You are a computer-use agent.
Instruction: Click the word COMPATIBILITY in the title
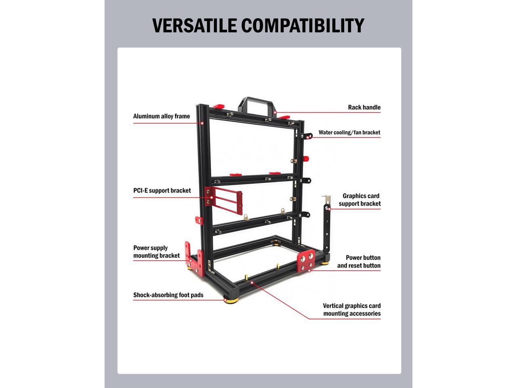point(303,25)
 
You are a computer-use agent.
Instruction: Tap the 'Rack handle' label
point(364,108)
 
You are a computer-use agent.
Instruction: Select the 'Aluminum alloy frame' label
point(161,116)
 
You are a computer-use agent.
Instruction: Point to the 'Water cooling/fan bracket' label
point(349,133)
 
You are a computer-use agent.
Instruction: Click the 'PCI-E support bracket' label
point(162,191)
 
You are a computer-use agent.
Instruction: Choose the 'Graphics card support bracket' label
point(360,200)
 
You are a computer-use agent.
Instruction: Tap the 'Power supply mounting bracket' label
point(156,251)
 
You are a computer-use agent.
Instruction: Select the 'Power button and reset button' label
point(359,261)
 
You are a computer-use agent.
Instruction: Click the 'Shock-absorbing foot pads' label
point(168,295)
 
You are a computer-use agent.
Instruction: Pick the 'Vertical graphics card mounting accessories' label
point(352,310)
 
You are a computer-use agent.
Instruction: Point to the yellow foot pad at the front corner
point(231,300)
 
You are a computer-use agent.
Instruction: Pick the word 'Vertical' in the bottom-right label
point(334,306)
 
